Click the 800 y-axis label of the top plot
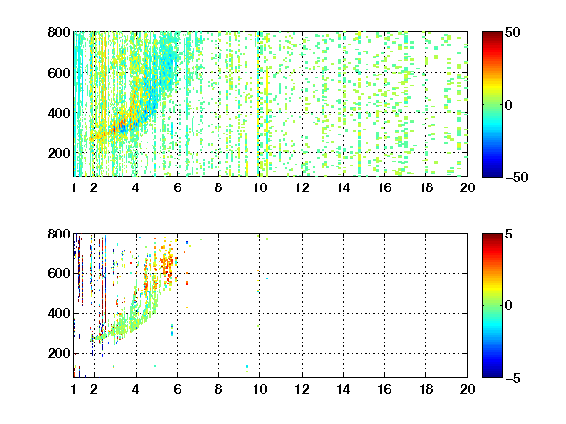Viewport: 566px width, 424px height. pos(59,32)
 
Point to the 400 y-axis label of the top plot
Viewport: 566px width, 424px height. pos(59,113)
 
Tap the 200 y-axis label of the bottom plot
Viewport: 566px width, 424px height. pos(59,353)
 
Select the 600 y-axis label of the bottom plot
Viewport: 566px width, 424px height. pos(59,273)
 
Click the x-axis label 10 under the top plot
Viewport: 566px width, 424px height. pos(259,187)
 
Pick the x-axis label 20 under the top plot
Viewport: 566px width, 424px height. pos(467,187)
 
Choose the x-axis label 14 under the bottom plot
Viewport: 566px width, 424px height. pos(343,389)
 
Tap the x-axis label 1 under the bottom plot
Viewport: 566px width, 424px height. pos(74,389)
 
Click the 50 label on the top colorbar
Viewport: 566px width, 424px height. pos(512,32)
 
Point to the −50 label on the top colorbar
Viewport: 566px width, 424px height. pos(516,177)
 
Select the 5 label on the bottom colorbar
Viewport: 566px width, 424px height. pos(509,234)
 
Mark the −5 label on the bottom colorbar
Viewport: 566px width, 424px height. pos(512,378)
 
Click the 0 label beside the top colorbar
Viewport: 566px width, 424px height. pos(509,105)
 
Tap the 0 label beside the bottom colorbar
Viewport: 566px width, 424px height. pos(509,306)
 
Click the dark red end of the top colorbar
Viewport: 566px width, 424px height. pos(492,35)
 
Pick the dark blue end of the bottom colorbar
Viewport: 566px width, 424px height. pos(492,374)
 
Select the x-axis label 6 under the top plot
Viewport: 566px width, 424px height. pos(177,187)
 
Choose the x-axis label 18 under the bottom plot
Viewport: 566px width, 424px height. pos(425,389)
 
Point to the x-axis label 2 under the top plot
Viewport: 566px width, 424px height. pos(94,187)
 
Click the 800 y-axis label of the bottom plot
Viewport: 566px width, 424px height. pos(59,234)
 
